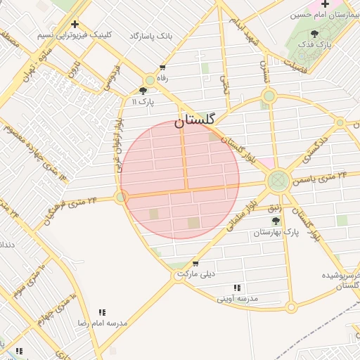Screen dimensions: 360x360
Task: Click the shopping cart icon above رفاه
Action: [162, 68]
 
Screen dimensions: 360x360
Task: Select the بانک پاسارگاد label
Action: [151, 35]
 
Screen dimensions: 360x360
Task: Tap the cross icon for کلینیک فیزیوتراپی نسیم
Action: [75, 25]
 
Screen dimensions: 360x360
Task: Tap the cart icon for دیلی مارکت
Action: [195, 264]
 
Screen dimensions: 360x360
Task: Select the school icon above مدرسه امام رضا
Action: [102, 312]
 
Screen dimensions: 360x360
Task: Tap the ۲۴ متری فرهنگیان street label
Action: [70, 210]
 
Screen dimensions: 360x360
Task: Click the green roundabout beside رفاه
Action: [150, 80]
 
